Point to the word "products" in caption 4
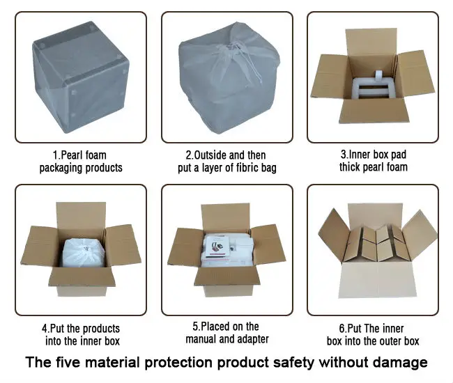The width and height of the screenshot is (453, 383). point(101,329)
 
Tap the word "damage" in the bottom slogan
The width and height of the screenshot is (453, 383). point(400,363)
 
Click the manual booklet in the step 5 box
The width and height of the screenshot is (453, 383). point(217,247)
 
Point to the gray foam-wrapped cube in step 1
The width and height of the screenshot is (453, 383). point(80,77)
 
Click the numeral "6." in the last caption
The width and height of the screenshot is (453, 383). point(343,329)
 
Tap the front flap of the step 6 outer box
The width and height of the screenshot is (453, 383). point(378,279)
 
